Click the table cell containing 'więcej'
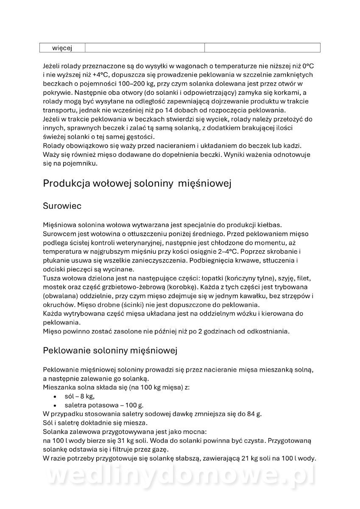click(62, 48)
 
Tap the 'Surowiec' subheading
click(62, 206)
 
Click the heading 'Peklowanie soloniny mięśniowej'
click(110, 350)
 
